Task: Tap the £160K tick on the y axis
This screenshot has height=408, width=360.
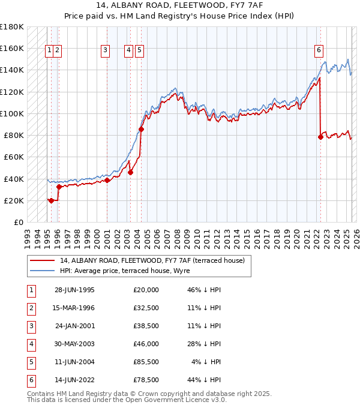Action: (12, 48)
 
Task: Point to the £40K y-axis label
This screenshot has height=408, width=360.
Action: (14, 179)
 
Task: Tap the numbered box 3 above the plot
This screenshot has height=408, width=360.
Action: (105, 51)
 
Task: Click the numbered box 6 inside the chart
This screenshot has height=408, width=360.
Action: (319, 51)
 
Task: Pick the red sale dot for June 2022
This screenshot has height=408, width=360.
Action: (320, 137)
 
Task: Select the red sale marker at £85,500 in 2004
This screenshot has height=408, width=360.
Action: (142, 129)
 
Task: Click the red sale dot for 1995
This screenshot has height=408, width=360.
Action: (52, 200)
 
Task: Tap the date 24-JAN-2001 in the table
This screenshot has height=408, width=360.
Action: (74, 326)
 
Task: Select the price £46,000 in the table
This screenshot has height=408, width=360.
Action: (146, 344)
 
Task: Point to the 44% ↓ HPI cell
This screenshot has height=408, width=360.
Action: (203, 380)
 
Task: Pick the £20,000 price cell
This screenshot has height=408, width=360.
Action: (146, 290)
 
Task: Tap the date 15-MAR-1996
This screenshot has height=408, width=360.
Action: (74, 308)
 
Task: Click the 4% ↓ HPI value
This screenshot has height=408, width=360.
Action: (206, 362)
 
